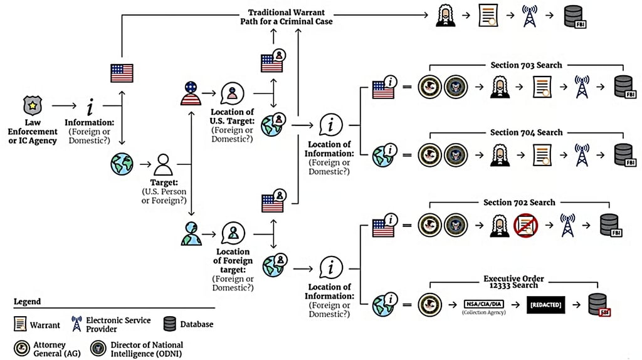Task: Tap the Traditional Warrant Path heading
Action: click(290, 17)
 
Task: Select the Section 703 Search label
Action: click(526, 65)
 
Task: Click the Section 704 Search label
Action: click(526, 133)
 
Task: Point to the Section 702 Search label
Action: click(519, 203)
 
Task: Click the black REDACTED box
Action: click(544, 305)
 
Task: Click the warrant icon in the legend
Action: click(21, 324)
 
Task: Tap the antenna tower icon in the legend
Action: click(77, 324)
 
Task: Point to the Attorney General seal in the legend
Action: click(21, 348)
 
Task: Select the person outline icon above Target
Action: click(164, 165)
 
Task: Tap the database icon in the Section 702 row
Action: click(608, 225)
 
